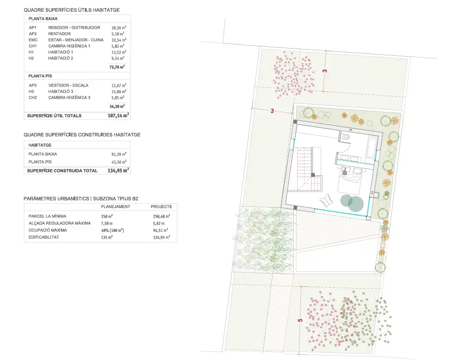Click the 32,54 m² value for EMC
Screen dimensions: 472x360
coord(119,40)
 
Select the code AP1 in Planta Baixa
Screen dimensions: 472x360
coord(32,27)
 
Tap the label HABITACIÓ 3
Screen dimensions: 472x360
coord(61,91)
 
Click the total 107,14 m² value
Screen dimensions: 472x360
coord(118,116)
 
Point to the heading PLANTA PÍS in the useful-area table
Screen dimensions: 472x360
coord(40,76)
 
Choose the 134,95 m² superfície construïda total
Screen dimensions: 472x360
coord(118,170)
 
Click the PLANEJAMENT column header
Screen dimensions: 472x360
coord(115,207)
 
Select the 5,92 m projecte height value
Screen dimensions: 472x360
coord(159,223)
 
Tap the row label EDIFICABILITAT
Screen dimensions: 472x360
coord(44,237)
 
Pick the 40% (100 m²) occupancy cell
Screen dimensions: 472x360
coord(113,230)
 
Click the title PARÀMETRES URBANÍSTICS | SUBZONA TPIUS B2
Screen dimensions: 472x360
coord(81,199)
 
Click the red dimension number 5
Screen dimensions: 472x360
coord(300,320)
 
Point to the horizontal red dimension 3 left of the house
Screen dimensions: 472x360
coord(272,111)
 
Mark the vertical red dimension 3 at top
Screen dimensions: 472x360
coord(325,71)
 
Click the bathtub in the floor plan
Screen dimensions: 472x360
coord(372,147)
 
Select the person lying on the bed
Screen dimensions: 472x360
coord(344,171)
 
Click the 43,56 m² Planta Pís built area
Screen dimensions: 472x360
coord(119,162)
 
